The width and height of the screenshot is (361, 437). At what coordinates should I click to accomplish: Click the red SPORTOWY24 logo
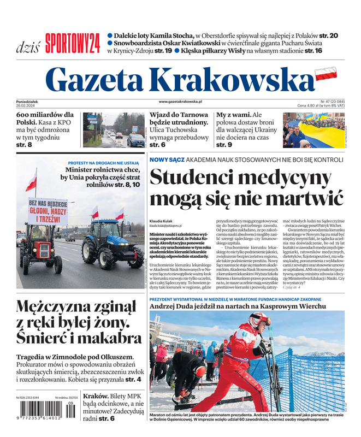[x=73, y=42]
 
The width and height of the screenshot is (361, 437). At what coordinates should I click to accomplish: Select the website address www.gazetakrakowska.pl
[x=180, y=102]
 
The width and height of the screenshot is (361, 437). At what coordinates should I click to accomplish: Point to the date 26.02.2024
[x=28, y=106]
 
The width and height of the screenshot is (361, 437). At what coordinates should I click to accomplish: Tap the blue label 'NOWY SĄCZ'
[x=167, y=160]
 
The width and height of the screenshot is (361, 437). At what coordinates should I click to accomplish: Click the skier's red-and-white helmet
[x=259, y=320]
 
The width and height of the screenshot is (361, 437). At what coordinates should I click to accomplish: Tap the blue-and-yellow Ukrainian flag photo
[x=313, y=129]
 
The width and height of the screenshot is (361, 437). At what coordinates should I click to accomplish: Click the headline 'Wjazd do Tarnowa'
[x=179, y=115]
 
